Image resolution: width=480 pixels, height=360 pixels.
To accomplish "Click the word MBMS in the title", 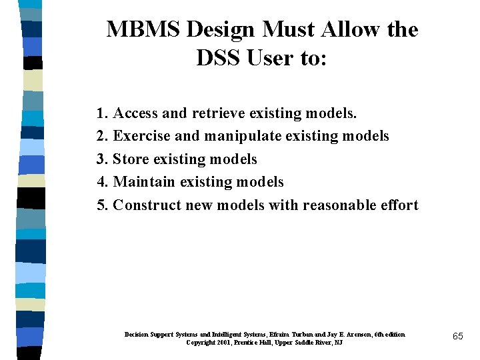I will pos(143,30).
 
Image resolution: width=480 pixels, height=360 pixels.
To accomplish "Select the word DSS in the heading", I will pos(219,59).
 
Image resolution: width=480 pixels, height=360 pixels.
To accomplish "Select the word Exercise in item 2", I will pos(141,136).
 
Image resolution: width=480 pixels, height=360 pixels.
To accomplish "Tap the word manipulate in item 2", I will pos(243,136).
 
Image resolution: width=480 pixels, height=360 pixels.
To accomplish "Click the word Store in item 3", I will pos(131,159).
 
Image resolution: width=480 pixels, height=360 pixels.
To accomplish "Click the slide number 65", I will pos(457,337).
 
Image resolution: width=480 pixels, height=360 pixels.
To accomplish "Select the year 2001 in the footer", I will pos(223,342).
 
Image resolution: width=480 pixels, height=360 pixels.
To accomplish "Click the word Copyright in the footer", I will pos(201,342).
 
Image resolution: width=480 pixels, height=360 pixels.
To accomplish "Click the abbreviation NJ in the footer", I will pos(339,342).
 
